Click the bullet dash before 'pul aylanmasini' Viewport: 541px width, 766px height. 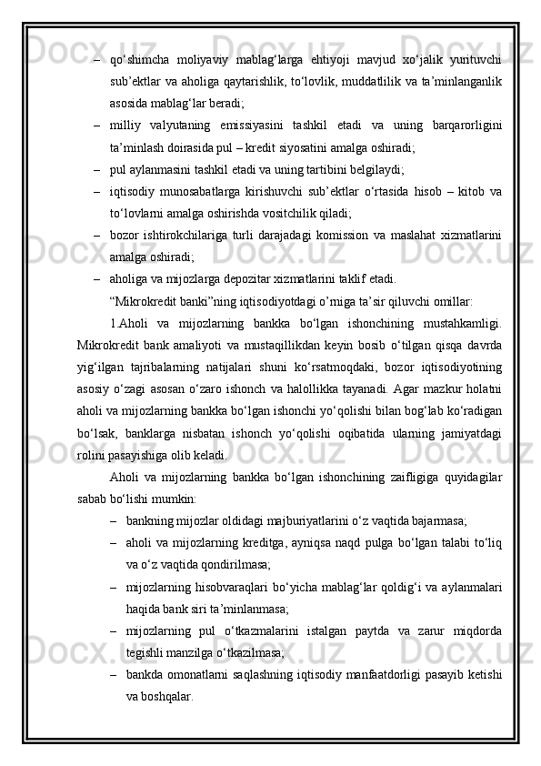click(95, 169)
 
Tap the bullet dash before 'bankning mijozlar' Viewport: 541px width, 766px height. click(115, 520)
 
